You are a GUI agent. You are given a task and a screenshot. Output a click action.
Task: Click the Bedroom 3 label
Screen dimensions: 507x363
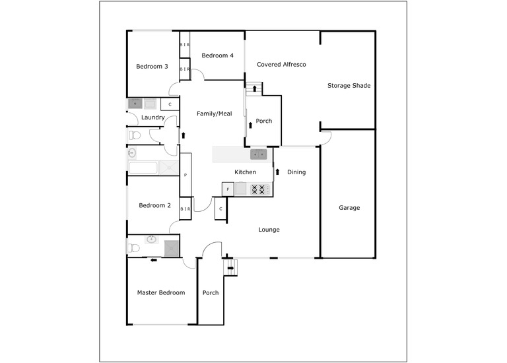coord(152,66)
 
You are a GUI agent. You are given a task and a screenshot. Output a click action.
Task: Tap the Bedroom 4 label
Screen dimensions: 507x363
coord(217,55)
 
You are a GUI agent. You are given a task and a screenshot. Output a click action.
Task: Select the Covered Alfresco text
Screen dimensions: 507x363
coord(281,64)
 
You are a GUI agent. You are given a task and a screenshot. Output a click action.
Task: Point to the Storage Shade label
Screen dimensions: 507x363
coord(349,85)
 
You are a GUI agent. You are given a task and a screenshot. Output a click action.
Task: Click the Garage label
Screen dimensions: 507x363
coord(349,207)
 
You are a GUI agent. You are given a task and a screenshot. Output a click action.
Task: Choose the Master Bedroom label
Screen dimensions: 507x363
coord(161,292)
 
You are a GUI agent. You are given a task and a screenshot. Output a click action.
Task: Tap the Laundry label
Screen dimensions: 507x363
coord(153,117)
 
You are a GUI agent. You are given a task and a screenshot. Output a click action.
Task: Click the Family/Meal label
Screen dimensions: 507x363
coord(215,114)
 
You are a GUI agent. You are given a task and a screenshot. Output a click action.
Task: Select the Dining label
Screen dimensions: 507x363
coord(296,172)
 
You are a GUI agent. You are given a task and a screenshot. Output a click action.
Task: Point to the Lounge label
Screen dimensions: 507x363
coord(269,230)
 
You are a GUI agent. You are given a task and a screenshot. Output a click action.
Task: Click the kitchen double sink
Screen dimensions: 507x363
coord(259,154)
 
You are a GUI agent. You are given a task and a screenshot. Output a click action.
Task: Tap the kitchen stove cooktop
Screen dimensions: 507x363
coord(258,189)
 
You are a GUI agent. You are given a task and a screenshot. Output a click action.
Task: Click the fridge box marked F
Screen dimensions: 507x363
coord(228,189)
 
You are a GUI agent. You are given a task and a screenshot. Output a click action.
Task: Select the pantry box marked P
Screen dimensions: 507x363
coord(186,175)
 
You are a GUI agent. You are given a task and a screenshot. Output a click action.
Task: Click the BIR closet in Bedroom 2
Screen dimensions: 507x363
coord(186,209)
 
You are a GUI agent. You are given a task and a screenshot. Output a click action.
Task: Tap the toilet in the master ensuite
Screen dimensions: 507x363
coord(133,248)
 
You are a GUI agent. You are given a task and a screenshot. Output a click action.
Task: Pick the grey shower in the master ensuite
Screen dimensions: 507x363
coord(172,248)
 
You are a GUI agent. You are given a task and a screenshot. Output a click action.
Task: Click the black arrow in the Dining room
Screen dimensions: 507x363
coord(277,172)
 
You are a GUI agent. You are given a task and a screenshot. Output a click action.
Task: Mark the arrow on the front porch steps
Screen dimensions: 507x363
coord(230,268)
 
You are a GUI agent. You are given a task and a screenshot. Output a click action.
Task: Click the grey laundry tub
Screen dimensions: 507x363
coord(135,104)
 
